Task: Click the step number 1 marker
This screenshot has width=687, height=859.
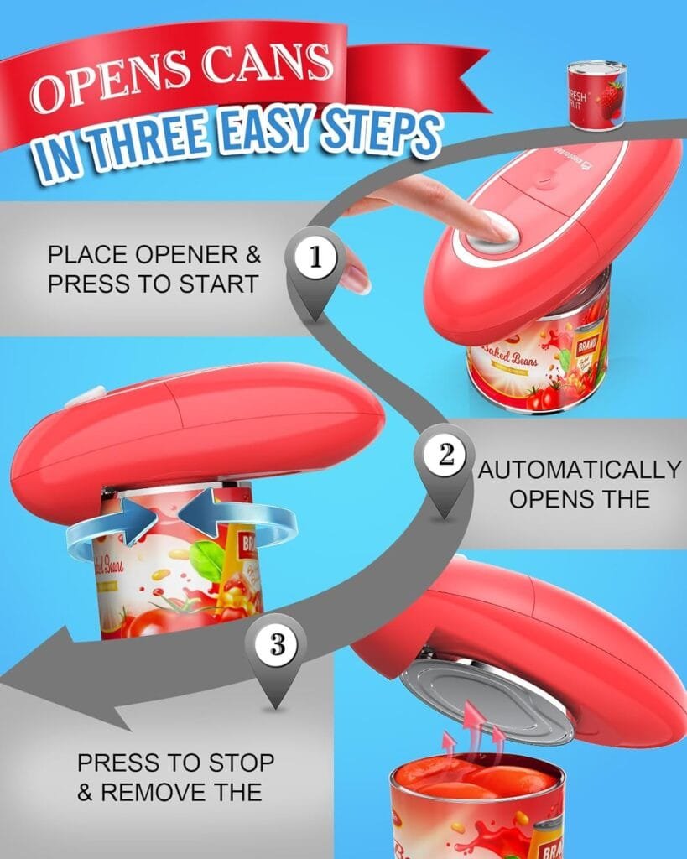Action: tap(315, 258)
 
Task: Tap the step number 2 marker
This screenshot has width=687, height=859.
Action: tap(445, 456)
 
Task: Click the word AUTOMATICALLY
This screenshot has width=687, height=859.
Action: tap(579, 470)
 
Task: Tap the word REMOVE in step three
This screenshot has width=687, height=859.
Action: tap(182, 791)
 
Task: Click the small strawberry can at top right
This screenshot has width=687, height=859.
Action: tap(596, 94)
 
